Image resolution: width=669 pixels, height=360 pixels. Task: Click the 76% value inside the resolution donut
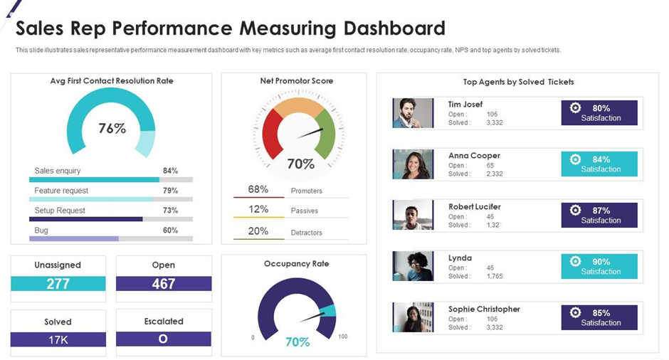point(112,129)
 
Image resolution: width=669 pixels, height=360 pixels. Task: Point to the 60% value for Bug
point(170,231)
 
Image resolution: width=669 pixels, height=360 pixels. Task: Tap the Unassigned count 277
point(58,284)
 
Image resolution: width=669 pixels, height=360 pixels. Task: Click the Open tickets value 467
point(164,284)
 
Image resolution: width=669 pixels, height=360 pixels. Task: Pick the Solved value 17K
point(58,340)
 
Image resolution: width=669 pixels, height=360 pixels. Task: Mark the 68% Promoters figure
point(258,190)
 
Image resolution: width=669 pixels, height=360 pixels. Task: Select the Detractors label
point(306,233)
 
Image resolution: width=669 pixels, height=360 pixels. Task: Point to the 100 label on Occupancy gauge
point(342,337)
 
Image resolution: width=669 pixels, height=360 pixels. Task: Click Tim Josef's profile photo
point(413,113)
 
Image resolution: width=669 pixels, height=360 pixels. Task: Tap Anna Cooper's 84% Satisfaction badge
point(599,164)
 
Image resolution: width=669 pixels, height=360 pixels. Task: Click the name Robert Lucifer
point(475,207)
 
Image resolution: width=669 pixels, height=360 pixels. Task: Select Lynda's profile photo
point(413,266)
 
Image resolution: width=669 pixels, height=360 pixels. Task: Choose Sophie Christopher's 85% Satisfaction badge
point(599,317)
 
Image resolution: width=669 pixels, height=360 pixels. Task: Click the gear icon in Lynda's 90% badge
point(575,261)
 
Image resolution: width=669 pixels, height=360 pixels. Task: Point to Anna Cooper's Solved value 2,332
point(495,174)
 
